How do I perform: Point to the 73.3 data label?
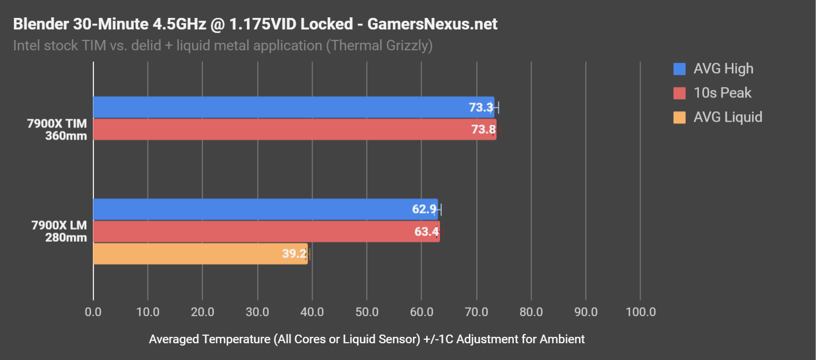point(481,107)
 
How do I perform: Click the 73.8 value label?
point(483,130)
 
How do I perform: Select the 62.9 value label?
point(424,209)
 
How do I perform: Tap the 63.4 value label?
point(426,232)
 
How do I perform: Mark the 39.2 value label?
point(294,254)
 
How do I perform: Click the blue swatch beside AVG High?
point(679,69)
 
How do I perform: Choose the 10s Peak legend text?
point(723,93)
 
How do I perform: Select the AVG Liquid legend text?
point(728,117)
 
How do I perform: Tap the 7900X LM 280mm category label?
point(59,231)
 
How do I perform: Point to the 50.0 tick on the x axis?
point(367,312)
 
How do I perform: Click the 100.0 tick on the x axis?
point(640,312)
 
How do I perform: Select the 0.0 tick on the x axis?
point(93,312)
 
